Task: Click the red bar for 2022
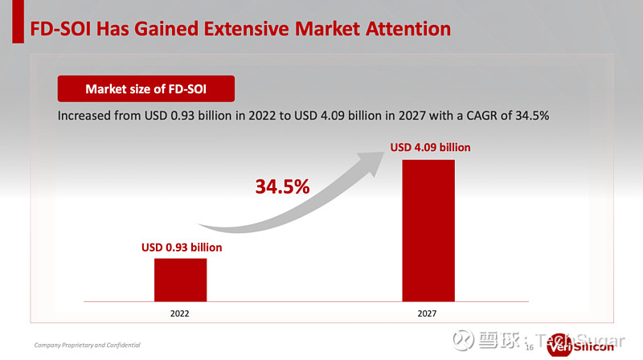(x=181, y=279)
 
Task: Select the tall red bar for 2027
(x=429, y=229)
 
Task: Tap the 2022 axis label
(x=180, y=313)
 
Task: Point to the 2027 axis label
(x=428, y=313)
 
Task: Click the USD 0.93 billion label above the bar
(x=181, y=247)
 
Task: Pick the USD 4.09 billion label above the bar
(x=430, y=147)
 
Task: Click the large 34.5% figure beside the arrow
(x=282, y=187)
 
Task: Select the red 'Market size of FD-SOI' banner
(x=145, y=88)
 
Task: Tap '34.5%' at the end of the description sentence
(x=530, y=116)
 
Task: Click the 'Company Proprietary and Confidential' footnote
(x=87, y=345)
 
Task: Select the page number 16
(x=529, y=347)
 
